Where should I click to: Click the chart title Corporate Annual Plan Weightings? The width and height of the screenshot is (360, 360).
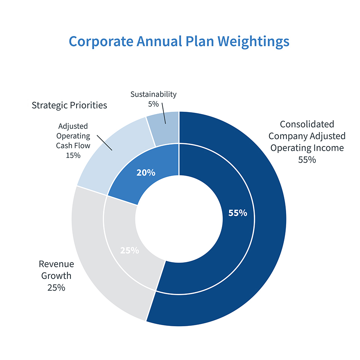pyautogui.click(x=179, y=41)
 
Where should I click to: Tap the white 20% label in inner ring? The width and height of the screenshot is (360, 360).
pyautogui.click(x=145, y=172)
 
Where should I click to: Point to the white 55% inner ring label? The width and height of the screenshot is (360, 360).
pyautogui.click(x=238, y=213)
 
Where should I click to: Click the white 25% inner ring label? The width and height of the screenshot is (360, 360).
pyautogui.click(x=129, y=250)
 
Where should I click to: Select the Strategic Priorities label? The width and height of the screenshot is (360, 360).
pyautogui.click(x=69, y=105)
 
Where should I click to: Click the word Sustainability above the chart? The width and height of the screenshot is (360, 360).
pyautogui.click(x=153, y=94)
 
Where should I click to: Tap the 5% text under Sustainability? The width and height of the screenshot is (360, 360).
pyautogui.click(x=153, y=104)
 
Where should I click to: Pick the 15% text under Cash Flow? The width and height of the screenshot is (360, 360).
pyautogui.click(x=73, y=155)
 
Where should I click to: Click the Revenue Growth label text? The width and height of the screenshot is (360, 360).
pyautogui.click(x=56, y=270)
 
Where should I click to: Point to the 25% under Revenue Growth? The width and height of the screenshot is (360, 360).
pyautogui.click(x=56, y=288)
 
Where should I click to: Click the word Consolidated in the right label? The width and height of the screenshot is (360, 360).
pyautogui.click(x=307, y=124)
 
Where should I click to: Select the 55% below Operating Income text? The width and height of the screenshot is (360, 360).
pyautogui.click(x=307, y=160)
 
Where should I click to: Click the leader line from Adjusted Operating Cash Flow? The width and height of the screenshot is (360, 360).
pyautogui.click(x=105, y=143)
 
